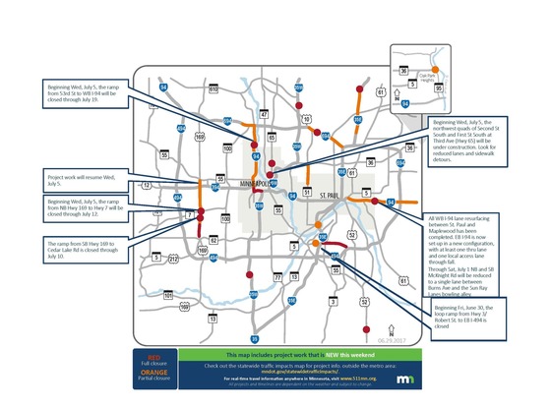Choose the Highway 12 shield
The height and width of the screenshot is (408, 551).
pyautogui.click(x=147, y=185)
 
